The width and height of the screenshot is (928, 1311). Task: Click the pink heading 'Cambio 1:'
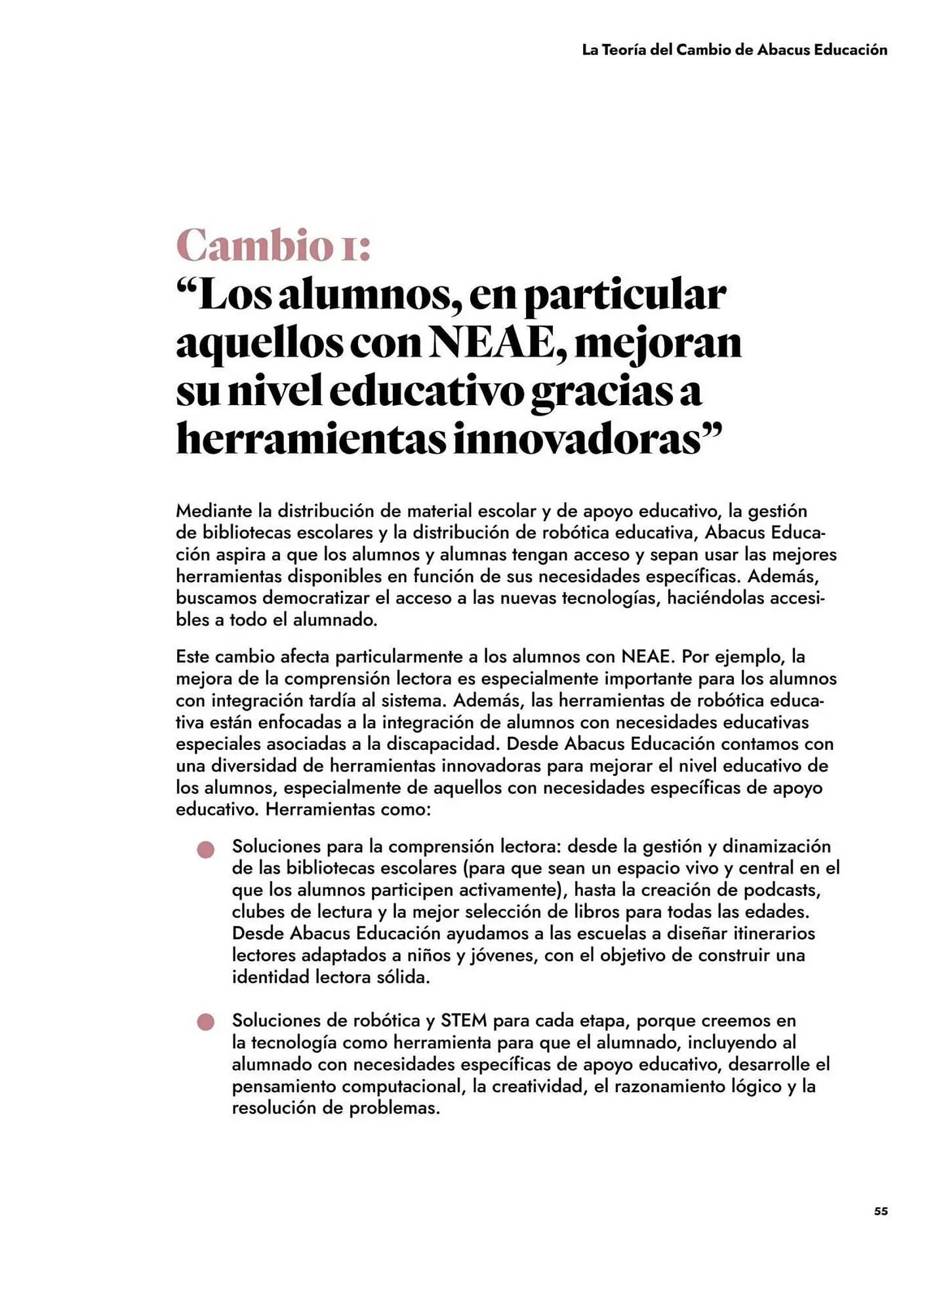pos(273,245)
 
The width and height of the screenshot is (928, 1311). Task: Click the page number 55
pos(881,1211)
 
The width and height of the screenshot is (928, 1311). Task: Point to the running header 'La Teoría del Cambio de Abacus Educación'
pos(734,50)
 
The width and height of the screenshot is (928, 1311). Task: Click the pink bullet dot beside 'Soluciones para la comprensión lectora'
pos(205,850)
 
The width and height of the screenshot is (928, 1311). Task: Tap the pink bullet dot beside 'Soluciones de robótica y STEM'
pos(205,1022)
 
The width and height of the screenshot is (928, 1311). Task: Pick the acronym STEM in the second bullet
pos(464,1021)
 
